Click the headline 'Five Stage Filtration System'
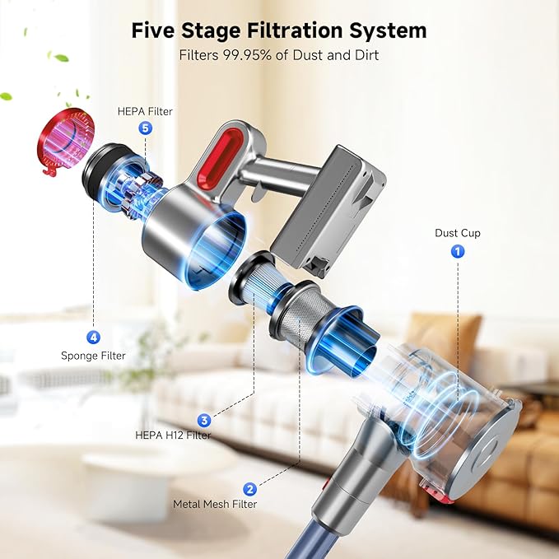click(279, 30)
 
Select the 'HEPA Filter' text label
click(145, 111)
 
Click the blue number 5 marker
click(146, 128)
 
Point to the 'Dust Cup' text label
click(458, 233)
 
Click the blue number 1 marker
click(458, 252)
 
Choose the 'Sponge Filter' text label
click(93, 356)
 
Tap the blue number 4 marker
click(93, 337)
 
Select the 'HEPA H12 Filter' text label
click(173, 435)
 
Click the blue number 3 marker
click(203, 419)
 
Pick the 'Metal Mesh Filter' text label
click(215, 504)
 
